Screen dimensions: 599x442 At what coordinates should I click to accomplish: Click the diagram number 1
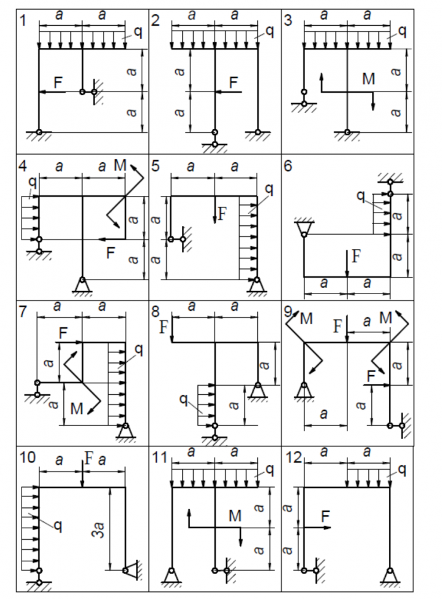(x=23, y=20)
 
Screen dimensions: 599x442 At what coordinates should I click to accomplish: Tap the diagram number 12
(x=293, y=457)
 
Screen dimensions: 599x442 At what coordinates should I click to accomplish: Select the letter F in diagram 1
(x=58, y=83)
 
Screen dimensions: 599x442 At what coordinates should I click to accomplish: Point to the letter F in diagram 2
(x=233, y=82)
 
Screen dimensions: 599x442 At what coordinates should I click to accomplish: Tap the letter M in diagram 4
(x=120, y=166)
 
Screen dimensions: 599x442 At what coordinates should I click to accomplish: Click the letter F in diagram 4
(x=110, y=253)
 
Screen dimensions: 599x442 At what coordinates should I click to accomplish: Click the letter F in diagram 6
(x=356, y=257)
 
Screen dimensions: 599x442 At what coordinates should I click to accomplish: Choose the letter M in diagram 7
(x=77, y=409)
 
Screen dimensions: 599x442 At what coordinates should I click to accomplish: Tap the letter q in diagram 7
(x=139, y=350)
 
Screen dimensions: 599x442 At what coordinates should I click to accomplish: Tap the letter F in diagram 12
(x=325, y=515)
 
